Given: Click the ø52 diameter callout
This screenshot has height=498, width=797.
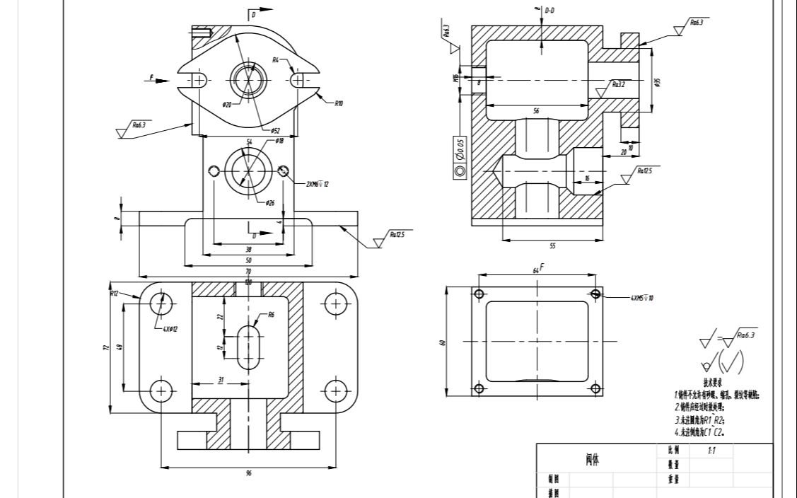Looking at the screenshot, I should click(x=274, y=131).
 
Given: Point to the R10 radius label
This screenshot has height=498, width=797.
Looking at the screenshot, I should click(x=339, y=104).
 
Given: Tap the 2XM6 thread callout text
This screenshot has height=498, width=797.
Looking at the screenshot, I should click(x=318, y=184).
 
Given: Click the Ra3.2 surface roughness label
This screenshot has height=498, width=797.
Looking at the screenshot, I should click(x=617, y=84).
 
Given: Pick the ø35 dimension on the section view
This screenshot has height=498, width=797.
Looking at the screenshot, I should click(x=657, y=82).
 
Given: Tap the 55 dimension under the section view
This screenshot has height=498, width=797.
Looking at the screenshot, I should click(x=552, y=245).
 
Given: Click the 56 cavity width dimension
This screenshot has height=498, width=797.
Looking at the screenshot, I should click(x=536, y=111).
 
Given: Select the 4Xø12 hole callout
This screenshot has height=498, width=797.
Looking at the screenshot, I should click(x=170, y=328).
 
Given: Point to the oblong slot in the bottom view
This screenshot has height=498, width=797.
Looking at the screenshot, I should click(x=247, y=347).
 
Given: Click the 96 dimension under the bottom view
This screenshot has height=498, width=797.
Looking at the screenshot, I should click(x=248, y=473).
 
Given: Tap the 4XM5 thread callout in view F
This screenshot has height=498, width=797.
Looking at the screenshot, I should click(x=641, y=299).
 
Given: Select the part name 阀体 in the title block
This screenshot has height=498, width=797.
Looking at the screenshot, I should click(x=593, y=459).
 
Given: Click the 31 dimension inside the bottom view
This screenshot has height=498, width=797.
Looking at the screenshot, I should click(x=221, y=381).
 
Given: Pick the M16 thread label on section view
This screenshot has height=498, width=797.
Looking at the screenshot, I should click(x=456, y=79).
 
